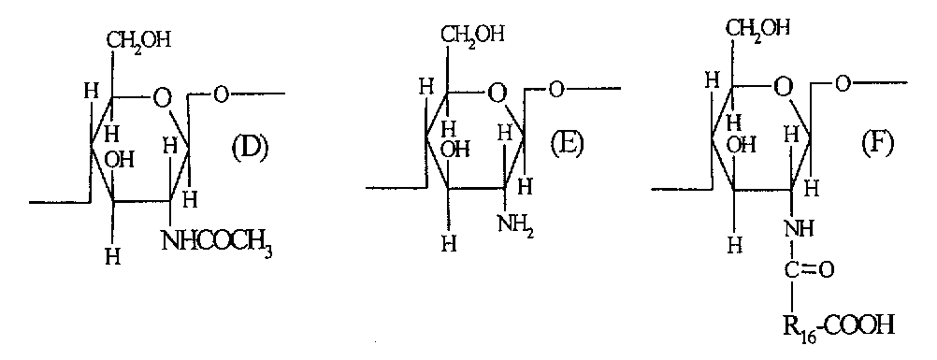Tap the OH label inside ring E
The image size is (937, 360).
(x=456, y=150)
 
